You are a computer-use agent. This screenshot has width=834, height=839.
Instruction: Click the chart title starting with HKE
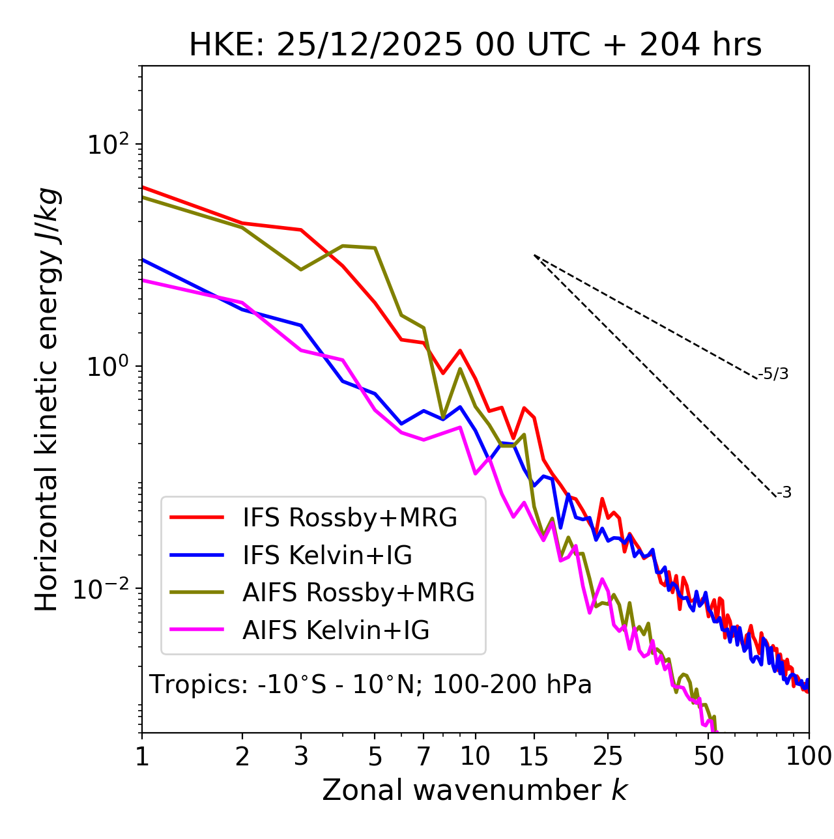[475, 46]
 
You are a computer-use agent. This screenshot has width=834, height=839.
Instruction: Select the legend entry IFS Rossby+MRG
[349, 518]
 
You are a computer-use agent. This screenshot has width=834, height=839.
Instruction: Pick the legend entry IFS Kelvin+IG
[327, 556]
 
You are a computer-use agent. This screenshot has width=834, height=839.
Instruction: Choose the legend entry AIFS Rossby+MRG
[358, 593]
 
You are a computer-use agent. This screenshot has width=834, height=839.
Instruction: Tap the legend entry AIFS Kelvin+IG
[336, 631]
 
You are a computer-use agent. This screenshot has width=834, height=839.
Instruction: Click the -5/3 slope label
[773, 374]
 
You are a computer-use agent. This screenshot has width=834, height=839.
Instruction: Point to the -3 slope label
[784, 493]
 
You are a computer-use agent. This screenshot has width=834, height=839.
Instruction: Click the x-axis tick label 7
[424, 756]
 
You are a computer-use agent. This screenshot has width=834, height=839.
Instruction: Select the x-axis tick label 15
[534, 756]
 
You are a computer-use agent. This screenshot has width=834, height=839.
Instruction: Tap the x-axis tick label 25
[608, 756]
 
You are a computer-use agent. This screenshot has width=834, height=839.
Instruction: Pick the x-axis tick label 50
[709, 756]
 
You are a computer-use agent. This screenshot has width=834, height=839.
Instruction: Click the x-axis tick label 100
[809, 756]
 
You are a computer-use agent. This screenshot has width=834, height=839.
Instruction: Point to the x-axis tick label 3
[301, 756]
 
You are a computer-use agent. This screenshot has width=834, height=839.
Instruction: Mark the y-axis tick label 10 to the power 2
[109, 145]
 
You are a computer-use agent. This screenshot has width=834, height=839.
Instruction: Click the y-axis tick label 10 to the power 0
[109, 367]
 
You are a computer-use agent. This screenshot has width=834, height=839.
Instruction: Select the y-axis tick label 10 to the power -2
[104, 589]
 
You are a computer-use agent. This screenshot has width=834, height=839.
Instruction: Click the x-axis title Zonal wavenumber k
[475, 791]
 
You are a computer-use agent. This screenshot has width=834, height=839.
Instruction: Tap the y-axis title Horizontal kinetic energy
[48, 400]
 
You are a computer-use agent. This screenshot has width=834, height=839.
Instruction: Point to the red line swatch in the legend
[197, 518]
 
